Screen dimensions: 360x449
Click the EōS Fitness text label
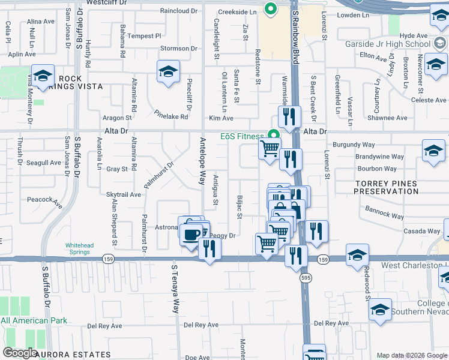tap(243, 136)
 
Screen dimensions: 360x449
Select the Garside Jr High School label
tap(388, 44)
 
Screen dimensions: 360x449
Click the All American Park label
tap(34, 320)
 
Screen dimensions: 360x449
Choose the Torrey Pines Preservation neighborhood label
tap(386, 187)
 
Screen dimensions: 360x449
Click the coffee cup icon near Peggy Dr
tap(191, 233)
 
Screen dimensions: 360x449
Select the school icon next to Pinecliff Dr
tap(168, 72)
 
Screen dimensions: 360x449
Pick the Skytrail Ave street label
tap(124, 194)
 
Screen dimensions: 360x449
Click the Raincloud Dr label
tap(179, 11)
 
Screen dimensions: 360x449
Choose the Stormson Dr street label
tap(179, 49)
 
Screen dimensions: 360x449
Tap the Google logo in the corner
tap(20, 353)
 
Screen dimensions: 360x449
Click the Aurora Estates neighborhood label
tap(73, 355)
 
